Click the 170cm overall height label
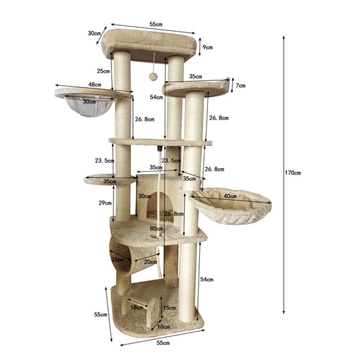coord(292,173)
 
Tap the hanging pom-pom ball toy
coord(153,76)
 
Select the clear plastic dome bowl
coord(89,106)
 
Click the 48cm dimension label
coord(95,84)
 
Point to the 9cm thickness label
coord(207,47)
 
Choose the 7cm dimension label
coord(240,86)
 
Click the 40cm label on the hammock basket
coord(230,197)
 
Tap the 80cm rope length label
coord(156,228)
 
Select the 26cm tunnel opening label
coord(118,259)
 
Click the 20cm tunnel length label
coord(151,262)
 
